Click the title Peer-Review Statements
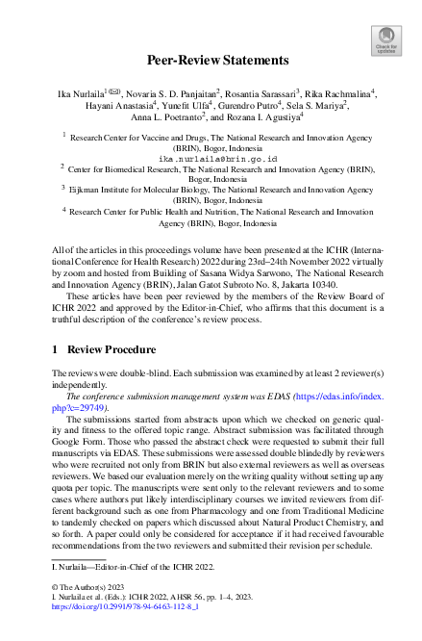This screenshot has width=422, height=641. tap(211, 60)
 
